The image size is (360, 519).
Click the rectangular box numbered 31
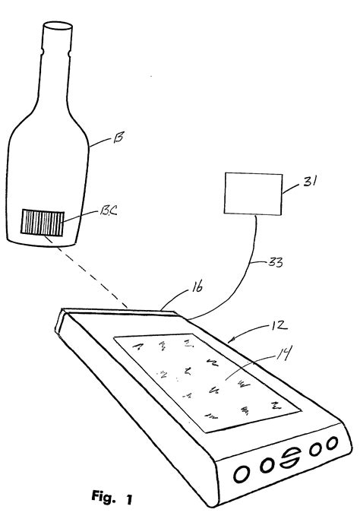[x=251, y=192]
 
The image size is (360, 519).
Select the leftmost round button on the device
[x=239, y=470]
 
